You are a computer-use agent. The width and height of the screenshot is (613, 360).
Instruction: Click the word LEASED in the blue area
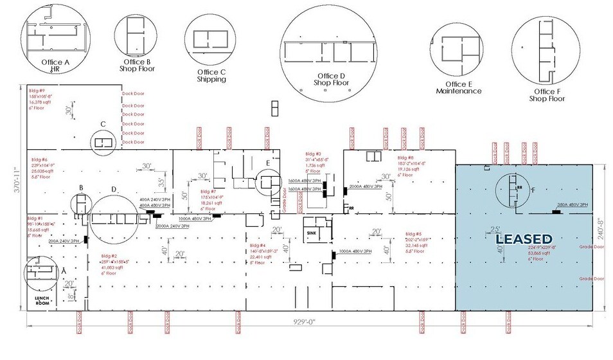tap(524, 240)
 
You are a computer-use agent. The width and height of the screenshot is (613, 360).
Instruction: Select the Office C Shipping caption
tap(211, 75)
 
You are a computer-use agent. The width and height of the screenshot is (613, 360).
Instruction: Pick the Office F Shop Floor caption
tap(546, 94)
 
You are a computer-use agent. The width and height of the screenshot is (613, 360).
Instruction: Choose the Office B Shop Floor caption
tap(137, 65)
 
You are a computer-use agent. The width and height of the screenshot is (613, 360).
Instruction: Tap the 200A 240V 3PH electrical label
tap(64, 240)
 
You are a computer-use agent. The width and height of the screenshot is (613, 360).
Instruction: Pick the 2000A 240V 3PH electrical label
tap(154, 226)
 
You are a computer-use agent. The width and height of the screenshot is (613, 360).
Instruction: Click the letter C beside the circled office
tap(102, 124)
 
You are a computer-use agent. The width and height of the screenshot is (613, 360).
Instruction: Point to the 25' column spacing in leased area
tap(495, 230)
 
